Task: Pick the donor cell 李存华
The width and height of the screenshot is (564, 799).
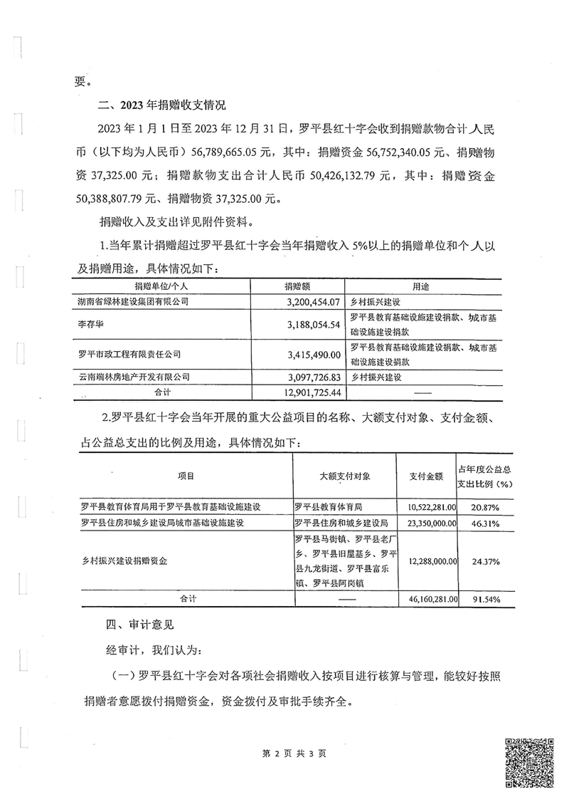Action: (x=89, y=324)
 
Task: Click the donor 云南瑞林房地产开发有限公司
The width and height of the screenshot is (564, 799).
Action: (x=134, y=376)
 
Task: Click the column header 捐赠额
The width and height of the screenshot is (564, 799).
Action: (x=297, y=286)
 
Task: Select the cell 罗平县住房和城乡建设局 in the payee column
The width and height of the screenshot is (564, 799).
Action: (x=340, y=523)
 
